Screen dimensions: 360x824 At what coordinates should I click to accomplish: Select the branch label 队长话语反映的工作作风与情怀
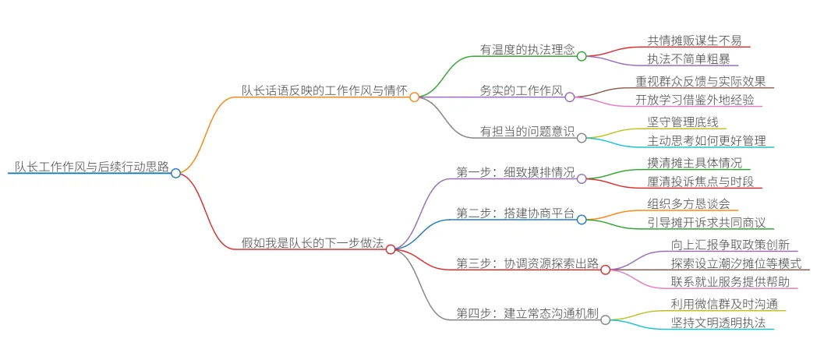click(x=324, y=90)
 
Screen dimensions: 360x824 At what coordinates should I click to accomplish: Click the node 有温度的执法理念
click(x=526, y=49)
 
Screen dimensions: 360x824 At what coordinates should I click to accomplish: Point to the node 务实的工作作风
click(x=522, y=90)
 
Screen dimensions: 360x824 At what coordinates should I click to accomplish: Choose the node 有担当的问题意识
click(x=526, y=130)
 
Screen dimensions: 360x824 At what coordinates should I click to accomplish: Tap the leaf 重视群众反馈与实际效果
click(x=701, y=80)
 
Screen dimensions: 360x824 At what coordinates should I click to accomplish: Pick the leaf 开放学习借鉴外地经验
click(x=699, y=100)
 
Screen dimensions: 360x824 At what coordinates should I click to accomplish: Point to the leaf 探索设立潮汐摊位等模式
click(x=736, y=263)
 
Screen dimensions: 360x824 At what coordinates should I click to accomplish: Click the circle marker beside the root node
click(x=176, y=173)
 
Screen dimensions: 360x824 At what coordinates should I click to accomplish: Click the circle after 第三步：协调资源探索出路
click(x=605, y=270)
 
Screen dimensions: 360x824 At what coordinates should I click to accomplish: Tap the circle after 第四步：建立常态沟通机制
click(x=605, y=319)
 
